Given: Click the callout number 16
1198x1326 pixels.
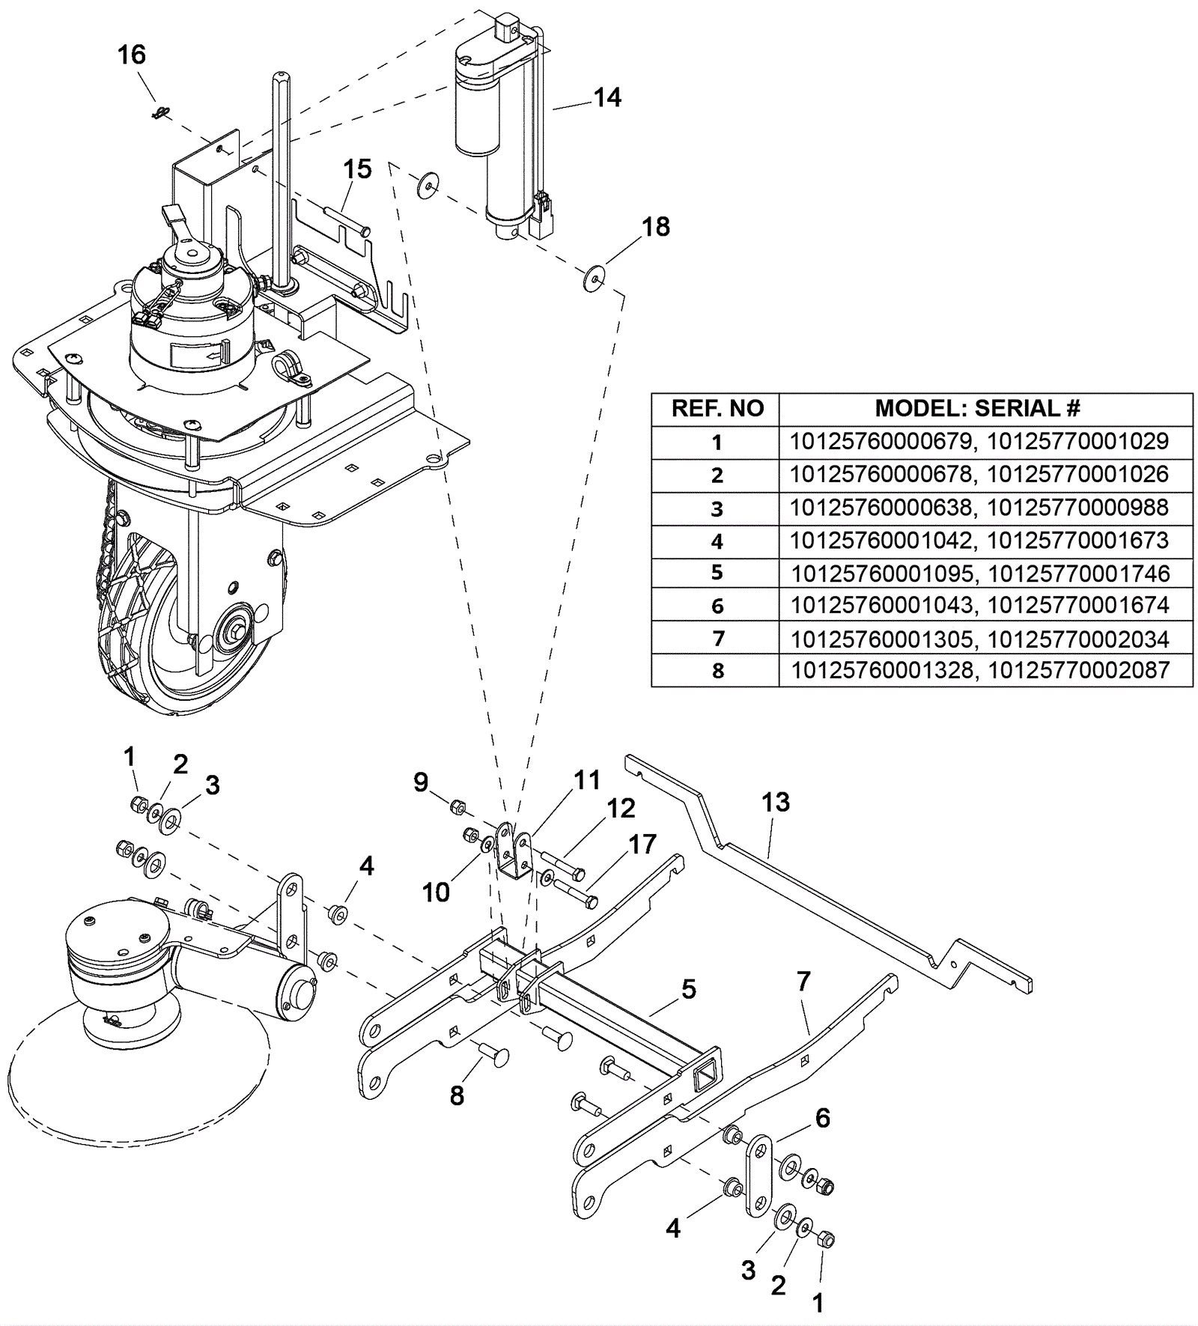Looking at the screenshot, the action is [x=132, y=55].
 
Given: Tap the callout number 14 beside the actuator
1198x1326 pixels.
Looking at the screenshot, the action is [x=607, y=97].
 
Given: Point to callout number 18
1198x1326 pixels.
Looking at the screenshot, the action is [x=656, y=227].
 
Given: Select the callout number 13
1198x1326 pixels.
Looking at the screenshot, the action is [x=776, y=802].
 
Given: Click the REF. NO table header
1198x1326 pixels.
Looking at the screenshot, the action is [x=717, y=409].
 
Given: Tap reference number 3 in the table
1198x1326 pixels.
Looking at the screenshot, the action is [x=717, y=509].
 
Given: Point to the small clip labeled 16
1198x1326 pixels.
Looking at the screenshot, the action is [x=158, y=113].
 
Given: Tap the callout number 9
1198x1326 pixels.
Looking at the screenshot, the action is [x=421, y=782].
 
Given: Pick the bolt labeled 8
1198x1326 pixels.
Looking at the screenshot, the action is [x=493, y=1056].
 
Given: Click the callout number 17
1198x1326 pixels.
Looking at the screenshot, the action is [x=642, y=844].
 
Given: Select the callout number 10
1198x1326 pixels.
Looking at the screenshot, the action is [x=436, y=892].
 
